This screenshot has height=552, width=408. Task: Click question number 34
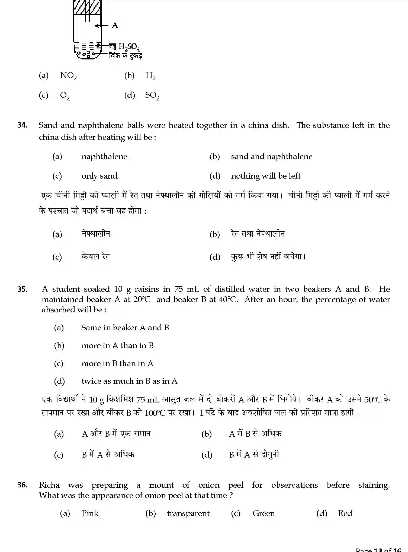tap(22, 125)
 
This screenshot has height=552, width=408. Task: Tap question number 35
tap(22, 289)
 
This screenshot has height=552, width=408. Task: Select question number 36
tap(22, 485)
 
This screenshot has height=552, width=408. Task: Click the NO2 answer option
tap(68, 76)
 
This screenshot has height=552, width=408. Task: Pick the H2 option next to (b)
tap(150, 76)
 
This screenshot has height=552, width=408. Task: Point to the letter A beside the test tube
tap(115, 26)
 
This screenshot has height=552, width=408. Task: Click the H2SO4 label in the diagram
tap(129, 47)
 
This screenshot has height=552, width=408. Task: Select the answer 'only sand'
tap(99, 176)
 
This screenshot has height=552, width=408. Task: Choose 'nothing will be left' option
tap(266, 176)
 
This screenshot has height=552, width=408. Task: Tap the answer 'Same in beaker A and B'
tap(125, 328)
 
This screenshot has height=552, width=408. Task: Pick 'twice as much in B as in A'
tap(129, 381)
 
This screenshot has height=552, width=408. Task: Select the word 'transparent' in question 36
tap(188, 513)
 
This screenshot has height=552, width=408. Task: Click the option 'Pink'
tap(90, 513)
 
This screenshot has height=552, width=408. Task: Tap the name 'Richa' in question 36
tap(49, 485)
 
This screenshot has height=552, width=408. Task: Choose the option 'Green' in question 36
tap(264, 513)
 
